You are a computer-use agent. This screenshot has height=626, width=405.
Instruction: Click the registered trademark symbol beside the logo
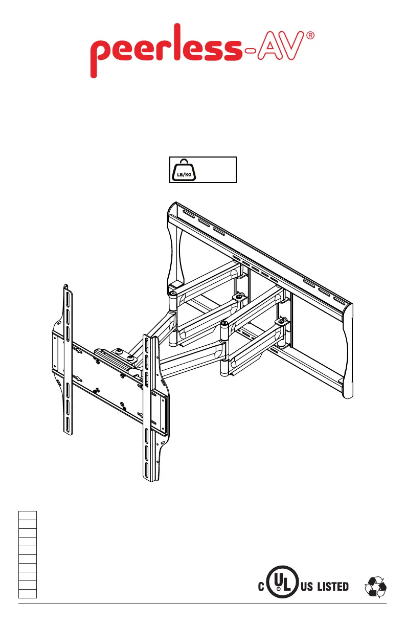click(x=310, y=35)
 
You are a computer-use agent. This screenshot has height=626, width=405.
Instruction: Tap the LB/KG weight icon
click(x=184, y=170)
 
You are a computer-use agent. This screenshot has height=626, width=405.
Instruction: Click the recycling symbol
click(x=375, y=587)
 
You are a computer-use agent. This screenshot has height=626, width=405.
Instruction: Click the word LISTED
click(x=333, y=586)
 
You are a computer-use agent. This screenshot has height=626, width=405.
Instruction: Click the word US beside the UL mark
click(x=307, y=586)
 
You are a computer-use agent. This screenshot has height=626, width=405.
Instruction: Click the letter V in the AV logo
click(x=292, y=46)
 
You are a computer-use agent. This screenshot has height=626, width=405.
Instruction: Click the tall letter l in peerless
click(x=178, y=41)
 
